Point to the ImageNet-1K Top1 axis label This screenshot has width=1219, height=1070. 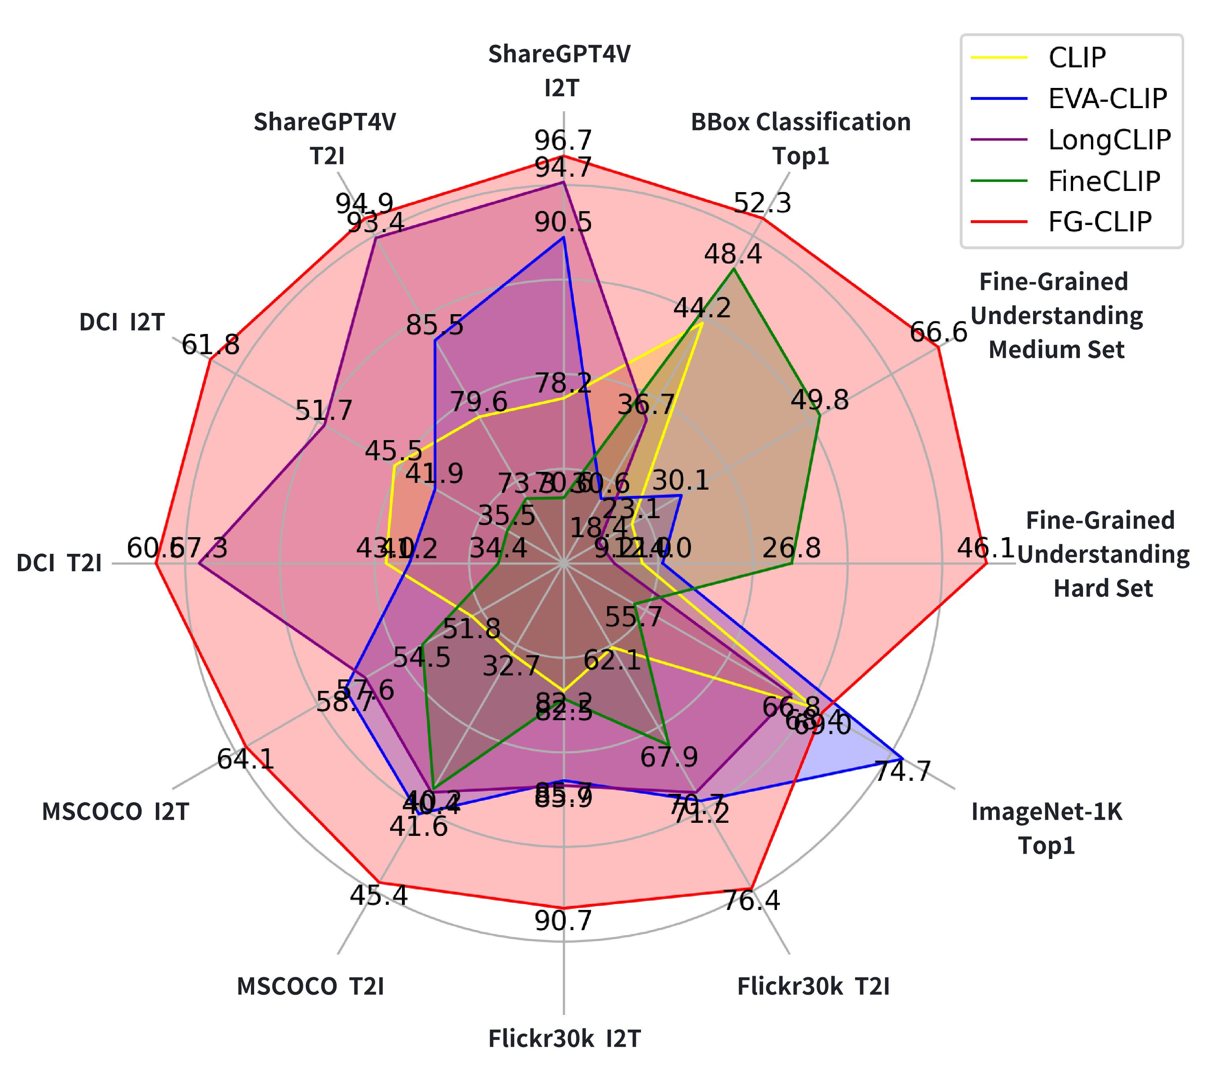point(1047,829)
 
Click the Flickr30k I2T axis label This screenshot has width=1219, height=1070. point(564,1038)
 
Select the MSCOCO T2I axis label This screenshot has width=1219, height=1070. point(310,986)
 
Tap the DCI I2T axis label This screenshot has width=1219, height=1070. point(122,322)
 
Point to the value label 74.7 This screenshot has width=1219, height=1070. point(902,771)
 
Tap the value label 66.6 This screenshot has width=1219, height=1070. point(938,332)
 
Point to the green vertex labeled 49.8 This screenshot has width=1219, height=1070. point(819,416)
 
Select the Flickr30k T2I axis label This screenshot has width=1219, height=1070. point(813,986)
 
